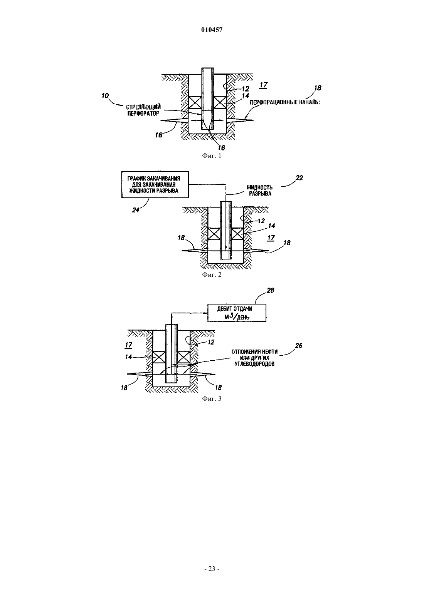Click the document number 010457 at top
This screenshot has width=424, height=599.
212,30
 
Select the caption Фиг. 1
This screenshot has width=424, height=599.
212,156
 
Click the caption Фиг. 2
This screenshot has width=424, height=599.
212,274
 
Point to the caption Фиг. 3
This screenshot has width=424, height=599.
212,398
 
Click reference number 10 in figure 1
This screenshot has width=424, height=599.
105,95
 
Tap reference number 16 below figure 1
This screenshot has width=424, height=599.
221,147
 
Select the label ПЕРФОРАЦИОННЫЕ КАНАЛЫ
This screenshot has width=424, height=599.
284,102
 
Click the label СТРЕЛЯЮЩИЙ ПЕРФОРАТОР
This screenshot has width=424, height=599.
143,110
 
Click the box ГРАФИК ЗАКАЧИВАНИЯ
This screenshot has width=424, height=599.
155,184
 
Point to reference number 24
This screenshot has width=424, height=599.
136,210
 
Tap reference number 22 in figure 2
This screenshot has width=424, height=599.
299,178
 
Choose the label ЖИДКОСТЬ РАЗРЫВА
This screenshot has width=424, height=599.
259,191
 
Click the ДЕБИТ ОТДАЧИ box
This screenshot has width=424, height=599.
237,313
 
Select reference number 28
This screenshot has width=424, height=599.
270,290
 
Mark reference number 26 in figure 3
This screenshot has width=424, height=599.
299,346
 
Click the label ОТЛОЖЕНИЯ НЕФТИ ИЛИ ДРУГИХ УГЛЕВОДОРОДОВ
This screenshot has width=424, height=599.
254,358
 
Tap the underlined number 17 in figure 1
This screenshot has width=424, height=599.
263,85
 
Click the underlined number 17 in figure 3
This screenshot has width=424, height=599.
129,345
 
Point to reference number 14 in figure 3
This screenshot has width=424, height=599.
128,357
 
